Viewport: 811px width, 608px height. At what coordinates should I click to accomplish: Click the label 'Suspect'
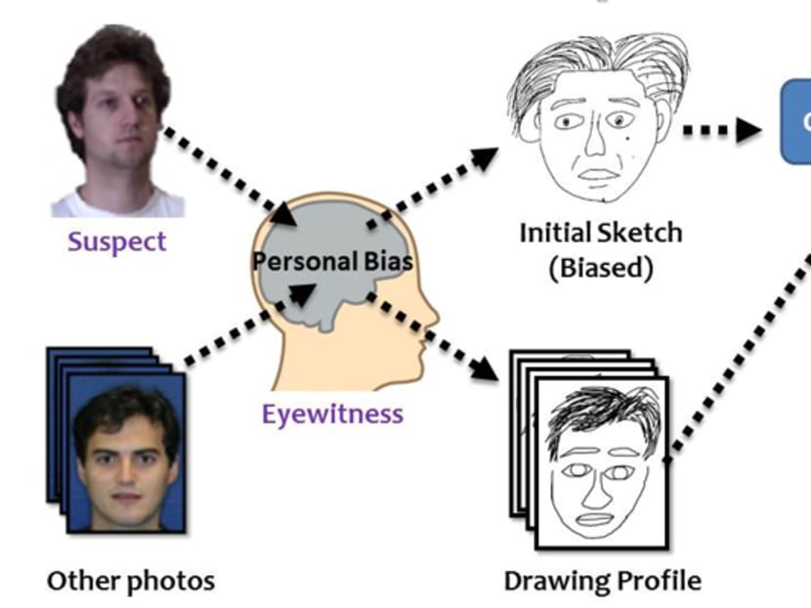[117, 240]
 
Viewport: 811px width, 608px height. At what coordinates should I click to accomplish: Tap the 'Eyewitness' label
[332, 413]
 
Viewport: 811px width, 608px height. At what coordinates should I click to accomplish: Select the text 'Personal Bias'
[332, 261]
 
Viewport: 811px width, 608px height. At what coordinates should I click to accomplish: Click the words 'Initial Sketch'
[600, 233]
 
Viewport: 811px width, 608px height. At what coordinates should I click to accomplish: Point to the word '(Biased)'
[600, 268]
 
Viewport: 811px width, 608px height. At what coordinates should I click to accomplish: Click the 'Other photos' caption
[131, 581]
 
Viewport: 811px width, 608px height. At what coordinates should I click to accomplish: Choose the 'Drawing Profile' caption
[602, 581]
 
